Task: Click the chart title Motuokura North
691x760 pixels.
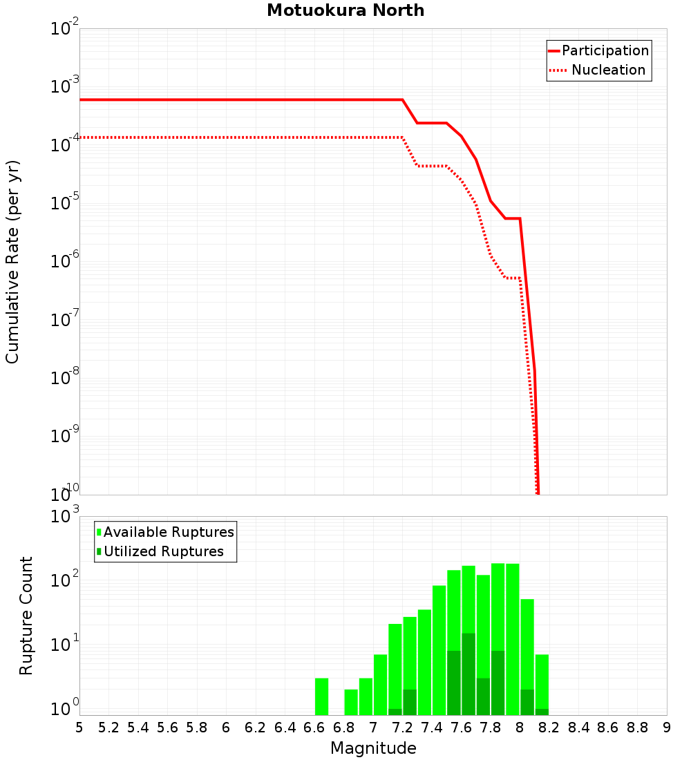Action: click(x=345, y=10)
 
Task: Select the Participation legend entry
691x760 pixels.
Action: click(x=605, y=50)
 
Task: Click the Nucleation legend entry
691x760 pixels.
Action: click(x=608, y=70)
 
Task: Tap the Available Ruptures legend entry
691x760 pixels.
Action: click(x=169, y=532)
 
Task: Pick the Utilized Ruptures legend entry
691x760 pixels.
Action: click(x=163, y=551)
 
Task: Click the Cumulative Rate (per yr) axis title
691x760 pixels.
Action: click(x=12, y=262)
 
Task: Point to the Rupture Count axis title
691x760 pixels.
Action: click(x=26, y=616)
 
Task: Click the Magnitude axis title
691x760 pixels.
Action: click(x=373, y=748)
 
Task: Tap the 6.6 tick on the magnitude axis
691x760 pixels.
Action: click(x=314, y=728)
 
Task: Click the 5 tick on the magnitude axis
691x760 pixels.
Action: click(x=79, y=728)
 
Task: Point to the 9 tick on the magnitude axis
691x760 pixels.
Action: click(x=667, y=728)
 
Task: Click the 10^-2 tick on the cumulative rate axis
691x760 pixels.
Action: click(x=65, y=29)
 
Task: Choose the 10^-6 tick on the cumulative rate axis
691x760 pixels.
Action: click(x=65, y=262)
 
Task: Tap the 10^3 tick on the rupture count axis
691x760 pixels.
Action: click(x=65, y=516)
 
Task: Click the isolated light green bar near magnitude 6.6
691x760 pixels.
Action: click(x=321, y=696)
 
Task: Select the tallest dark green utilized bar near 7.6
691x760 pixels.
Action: click(x=468, y=674)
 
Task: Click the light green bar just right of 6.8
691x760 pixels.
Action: click(x=351, y=702)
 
